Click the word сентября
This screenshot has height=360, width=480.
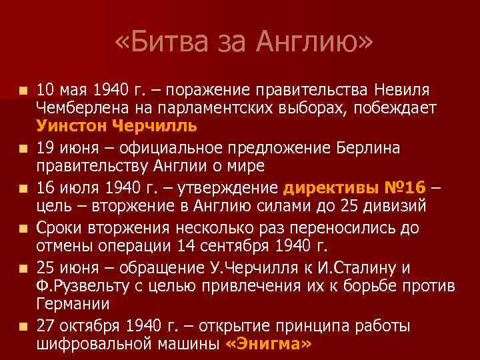[227, 246]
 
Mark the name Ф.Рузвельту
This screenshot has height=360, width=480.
[76, 286]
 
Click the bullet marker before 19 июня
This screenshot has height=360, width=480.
[24, 147]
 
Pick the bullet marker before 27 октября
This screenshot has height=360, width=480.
[24, 327]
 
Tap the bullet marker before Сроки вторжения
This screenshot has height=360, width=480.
[24, 229]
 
